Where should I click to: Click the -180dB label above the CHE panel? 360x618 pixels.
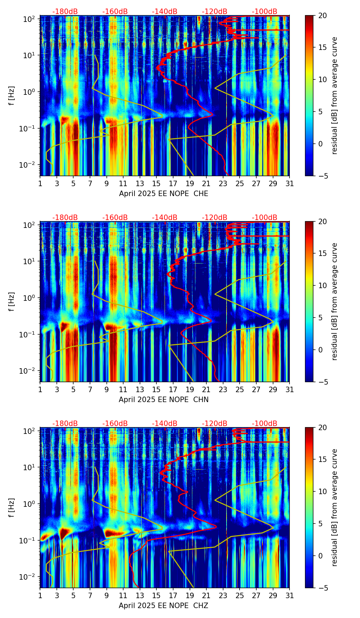pos(65,12)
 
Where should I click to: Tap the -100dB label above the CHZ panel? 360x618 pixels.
pos(265,424)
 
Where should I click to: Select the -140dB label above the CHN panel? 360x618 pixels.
pos(165,218)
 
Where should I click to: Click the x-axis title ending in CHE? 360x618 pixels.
pos(164,194)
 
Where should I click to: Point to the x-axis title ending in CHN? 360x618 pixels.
pos(164,400)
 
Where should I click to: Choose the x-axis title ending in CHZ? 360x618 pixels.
pos(164,606)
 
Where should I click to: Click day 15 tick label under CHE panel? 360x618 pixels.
pos(156,184)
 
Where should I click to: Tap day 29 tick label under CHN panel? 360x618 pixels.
pos(273,390)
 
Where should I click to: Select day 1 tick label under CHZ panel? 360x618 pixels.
pos(40,596)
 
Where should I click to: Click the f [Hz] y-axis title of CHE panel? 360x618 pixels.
pos(12,95)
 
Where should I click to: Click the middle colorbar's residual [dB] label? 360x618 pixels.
pos(334,301)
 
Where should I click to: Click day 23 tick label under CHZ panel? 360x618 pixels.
pos(223,596)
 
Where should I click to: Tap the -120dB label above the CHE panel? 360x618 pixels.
pos(215,12)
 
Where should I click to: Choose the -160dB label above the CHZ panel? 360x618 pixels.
pos(115,424)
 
